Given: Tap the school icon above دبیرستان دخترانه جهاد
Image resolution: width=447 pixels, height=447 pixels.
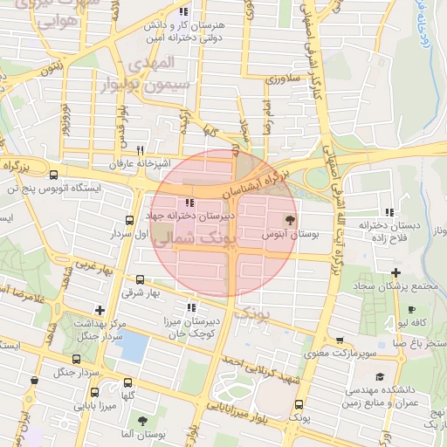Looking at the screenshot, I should (190, 203).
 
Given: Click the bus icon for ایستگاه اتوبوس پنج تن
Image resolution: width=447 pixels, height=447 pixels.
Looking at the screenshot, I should (54, 174).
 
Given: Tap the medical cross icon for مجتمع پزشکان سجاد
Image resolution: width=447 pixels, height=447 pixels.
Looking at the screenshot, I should (396, 272).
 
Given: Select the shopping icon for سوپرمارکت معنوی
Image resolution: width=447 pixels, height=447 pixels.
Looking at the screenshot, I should (339, 340).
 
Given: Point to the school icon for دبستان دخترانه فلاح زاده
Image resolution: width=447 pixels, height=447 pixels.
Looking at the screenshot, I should (389, 211).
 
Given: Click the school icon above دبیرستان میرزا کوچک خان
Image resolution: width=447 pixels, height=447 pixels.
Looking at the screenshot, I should (191, 307).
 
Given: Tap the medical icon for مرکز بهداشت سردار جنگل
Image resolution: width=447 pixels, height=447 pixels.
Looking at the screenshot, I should (100, 309).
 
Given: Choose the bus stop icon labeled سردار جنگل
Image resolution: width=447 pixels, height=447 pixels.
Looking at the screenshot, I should (77, 358).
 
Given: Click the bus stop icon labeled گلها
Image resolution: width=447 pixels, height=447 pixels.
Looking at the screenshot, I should (128, 382).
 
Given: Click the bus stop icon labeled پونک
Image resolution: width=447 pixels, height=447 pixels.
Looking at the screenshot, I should (299, 404).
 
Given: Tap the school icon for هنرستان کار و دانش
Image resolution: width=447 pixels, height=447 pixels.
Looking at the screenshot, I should (182, 11).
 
